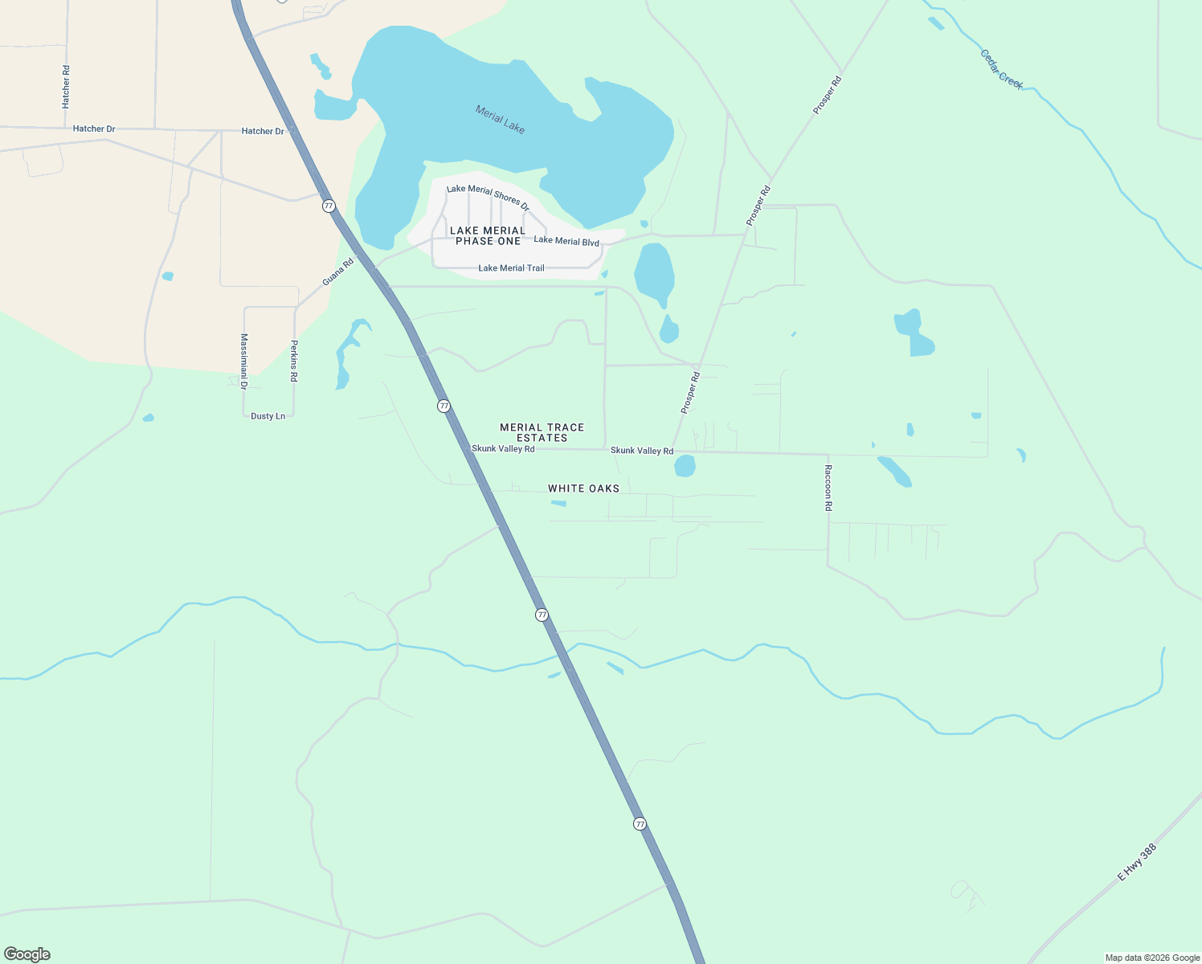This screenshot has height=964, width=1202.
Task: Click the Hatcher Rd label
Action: [x=66, y=87]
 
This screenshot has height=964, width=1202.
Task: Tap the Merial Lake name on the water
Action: [x=500, y=120]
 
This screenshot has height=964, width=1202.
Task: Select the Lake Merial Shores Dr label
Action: [x=488, y=198]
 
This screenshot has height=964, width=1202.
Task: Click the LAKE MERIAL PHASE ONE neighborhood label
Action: [x=488, y=236]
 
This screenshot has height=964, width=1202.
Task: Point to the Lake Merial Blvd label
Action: [x=566, y=241]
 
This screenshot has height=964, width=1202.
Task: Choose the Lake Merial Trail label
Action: [x=511, y=268]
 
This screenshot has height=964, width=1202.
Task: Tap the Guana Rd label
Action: [x=338, y=272]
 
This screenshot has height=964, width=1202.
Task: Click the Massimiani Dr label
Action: [x=243, y=361]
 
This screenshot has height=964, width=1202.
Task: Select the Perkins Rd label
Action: [x=294, y=361]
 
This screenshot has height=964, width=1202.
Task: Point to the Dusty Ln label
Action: [x=268, y=416]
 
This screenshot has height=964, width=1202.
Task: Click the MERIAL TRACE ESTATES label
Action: [x=542, y=433]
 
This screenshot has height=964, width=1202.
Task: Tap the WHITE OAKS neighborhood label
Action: [x=583, y=488]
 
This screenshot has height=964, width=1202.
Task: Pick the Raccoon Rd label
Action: [x=828, y=488]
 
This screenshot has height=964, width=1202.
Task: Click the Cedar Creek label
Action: [x=1001, y=69]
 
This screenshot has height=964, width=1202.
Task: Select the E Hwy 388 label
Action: [x=1137, y=862]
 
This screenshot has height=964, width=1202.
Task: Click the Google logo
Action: [x=27, y=954]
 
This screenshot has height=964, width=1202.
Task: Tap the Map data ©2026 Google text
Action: [x=1152, y=958]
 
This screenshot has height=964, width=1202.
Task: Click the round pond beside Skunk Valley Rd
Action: [x=685, y=466]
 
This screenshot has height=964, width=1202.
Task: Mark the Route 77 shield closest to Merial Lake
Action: [x=329, y=206]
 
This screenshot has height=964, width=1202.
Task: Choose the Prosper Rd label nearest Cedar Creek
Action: [x=827, y=95]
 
